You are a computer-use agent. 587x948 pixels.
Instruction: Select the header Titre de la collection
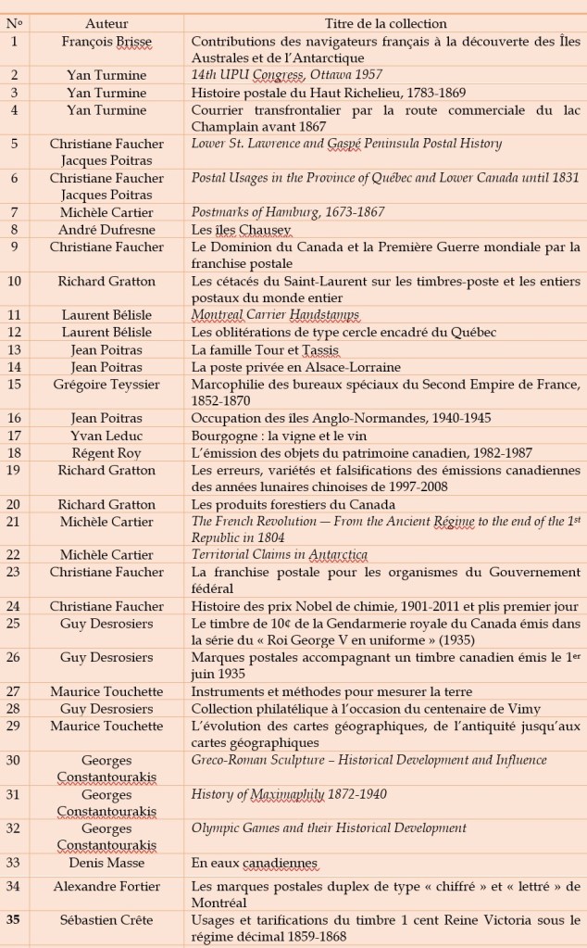pos(385,23)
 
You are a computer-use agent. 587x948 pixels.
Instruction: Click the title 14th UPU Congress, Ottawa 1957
pos(286,74)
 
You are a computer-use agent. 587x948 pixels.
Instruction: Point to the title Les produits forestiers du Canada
pos(287,504)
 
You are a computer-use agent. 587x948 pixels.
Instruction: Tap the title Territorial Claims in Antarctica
pos(280,555)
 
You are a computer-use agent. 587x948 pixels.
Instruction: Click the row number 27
pos(14,691)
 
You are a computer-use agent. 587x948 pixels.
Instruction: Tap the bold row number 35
pos(14,920)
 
